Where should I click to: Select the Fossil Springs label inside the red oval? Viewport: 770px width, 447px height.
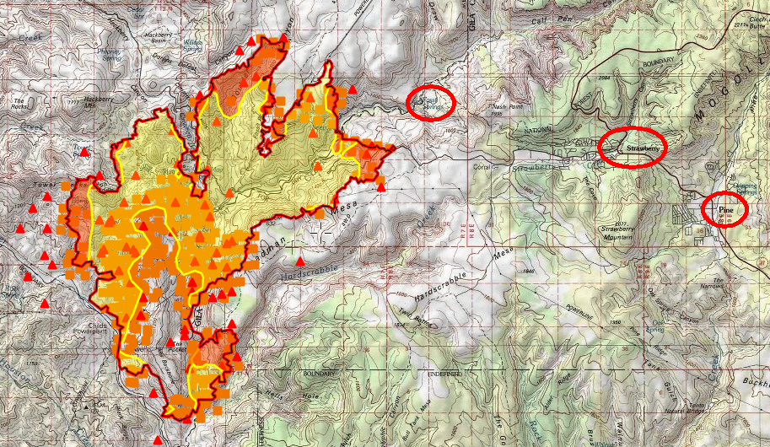point(431,101)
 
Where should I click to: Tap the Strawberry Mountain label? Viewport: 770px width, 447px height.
point(617,233)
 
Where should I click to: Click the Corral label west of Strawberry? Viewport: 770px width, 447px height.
point(483,168)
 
